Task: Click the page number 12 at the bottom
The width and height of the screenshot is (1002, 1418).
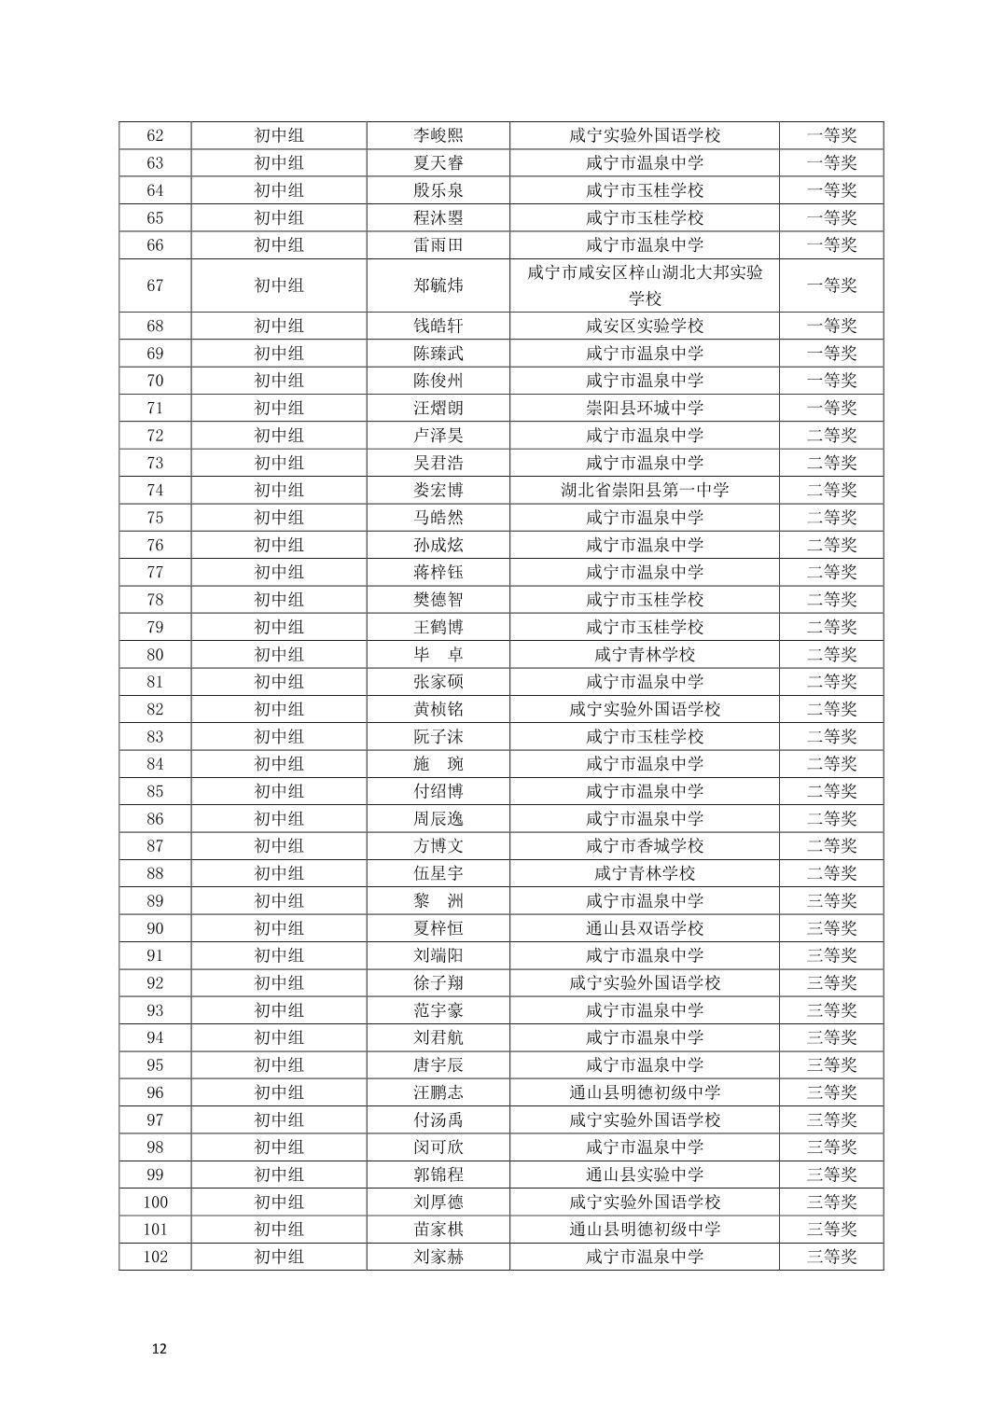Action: [159, 1348]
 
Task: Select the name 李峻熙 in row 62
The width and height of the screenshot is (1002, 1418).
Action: [438, 135]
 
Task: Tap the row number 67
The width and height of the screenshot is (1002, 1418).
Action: [155, 285]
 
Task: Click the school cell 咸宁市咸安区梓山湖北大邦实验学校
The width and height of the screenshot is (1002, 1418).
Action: [644, 285]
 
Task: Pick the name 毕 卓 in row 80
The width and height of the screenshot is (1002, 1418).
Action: [438, 655]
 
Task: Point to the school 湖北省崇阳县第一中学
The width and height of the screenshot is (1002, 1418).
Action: [644, 490]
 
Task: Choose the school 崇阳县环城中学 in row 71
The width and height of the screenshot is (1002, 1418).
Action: [644, 408]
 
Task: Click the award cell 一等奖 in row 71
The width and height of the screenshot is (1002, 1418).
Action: [830, 408]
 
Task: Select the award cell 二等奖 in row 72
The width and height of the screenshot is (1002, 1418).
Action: [830, 436]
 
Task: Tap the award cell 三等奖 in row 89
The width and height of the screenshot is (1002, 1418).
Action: [830, 901]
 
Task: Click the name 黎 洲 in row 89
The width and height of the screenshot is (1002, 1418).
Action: [438, 901]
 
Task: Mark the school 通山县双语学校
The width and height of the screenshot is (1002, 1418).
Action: [644, 928]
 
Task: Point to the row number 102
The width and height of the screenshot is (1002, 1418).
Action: [155, 1257]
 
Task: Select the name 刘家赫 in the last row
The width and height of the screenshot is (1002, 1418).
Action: [438, 1257]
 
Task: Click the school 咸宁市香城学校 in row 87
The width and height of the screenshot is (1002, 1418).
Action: [644, 846]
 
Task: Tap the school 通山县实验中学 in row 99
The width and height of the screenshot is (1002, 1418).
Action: [644, 1175]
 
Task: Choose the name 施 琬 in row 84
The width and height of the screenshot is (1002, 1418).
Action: [438, 764]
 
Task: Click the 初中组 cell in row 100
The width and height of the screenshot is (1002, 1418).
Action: [279, 1202]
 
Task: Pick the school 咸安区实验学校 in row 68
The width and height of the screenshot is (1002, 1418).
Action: [644, 326]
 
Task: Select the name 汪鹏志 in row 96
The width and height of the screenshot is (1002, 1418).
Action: [438, 1092]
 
